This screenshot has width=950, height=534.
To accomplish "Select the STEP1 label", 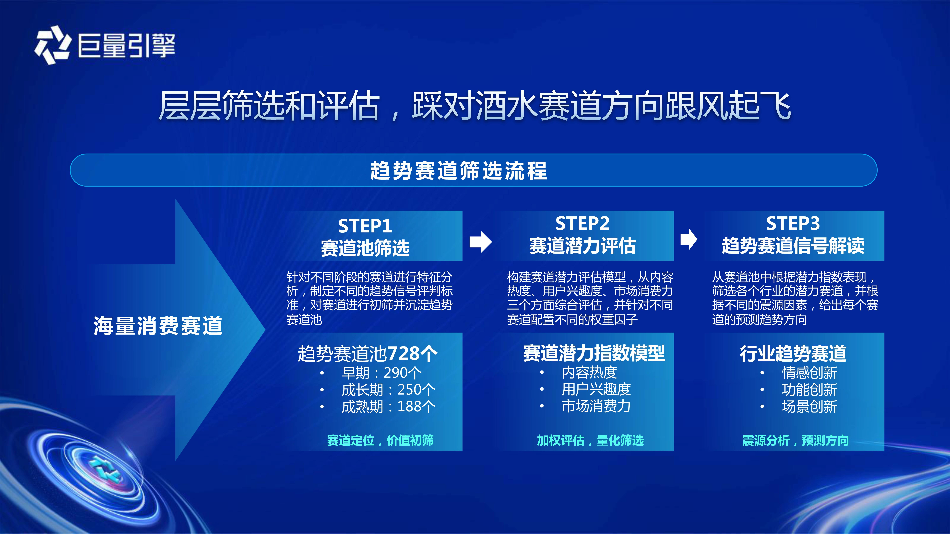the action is click(365, 226).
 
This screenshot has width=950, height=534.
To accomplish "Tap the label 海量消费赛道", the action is click(158, 326).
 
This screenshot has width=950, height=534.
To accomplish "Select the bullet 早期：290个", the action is click(381, 373).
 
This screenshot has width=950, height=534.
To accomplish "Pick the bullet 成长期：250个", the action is click(388, 389).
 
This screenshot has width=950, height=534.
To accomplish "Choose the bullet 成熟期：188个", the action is click(388, 406).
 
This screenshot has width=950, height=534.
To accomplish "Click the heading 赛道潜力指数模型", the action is click(594, 353).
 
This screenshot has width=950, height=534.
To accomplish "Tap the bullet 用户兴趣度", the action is click(596, 389).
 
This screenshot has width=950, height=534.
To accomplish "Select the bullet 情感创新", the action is click(809, 373).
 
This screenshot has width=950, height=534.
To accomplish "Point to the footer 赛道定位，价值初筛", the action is click(380, 440).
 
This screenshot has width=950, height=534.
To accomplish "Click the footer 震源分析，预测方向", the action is click(796, 440).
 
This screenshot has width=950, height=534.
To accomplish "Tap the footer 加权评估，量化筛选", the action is click(590, 440).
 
